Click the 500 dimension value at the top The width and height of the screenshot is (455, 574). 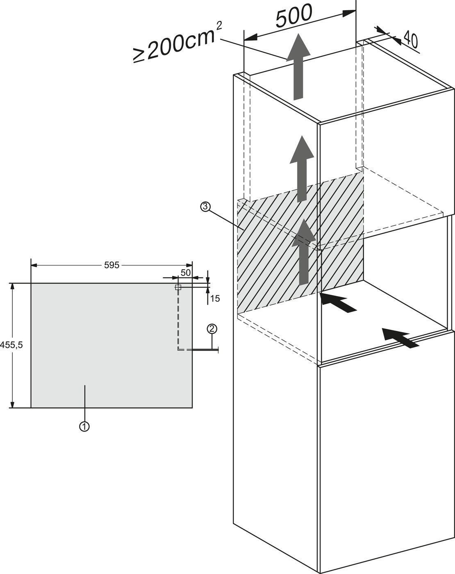(x=293, y=16)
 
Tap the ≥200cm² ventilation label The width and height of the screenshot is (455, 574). (x=178, y=43)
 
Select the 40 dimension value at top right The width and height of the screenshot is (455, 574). (x=410, y=39)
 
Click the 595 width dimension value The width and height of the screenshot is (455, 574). (x=111, y=265)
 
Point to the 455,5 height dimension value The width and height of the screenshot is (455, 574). (x=11, y=345)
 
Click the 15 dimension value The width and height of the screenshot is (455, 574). (x=215, y=299)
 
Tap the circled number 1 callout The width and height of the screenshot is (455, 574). (x=84, y=426)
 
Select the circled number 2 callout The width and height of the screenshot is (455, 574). (x=212, y=328)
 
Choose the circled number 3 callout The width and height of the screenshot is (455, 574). (x=206, y=207)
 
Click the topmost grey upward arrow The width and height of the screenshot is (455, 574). (x=298, y=67)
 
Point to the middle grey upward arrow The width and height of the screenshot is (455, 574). (x=302, y=169)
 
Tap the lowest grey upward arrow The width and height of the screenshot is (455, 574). (x=303, y=252)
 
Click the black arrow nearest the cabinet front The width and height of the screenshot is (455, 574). (x=400, y=338)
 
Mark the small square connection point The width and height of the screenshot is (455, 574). (x=178, y=287)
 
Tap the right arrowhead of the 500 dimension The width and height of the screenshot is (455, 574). (x=349, y=14)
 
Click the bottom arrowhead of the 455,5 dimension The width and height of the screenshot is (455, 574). (x=12, y=404)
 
